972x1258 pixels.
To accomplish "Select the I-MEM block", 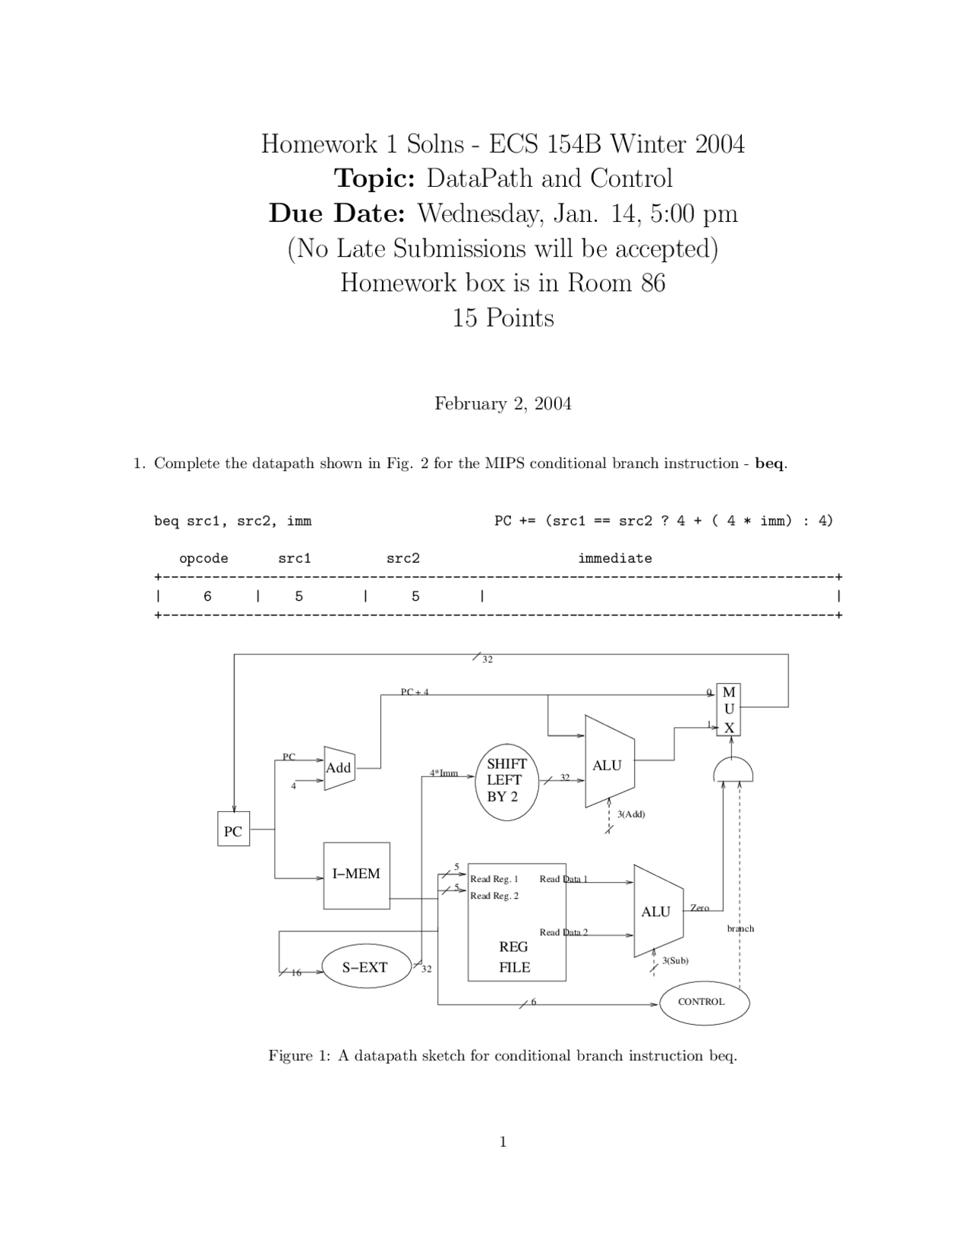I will tap(356, 875).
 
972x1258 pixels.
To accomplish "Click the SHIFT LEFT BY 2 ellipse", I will tap(506, 781).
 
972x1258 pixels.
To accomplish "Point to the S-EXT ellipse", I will tap(365, 967).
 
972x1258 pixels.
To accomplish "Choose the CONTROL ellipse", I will tap(703, 1003).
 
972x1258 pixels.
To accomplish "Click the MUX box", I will tap(728, 710).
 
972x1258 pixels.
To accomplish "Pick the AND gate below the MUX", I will tap(733, 771).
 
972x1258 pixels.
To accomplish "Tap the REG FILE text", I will tap(514, 957).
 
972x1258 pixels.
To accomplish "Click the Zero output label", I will tap(699, 908).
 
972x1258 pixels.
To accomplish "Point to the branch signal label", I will tap(740, 928).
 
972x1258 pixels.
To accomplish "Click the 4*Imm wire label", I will tap(443, 773).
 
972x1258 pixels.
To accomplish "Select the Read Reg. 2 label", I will tap(494, 896).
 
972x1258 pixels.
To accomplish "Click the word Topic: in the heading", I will tap(374, 179).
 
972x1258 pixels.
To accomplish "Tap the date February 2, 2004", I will tap(503, 403).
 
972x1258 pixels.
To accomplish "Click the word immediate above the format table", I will tap(614, 558).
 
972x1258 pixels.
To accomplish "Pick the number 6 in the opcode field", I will tap(208, 596).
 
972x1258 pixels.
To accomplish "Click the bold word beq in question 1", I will tap(769, 463).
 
